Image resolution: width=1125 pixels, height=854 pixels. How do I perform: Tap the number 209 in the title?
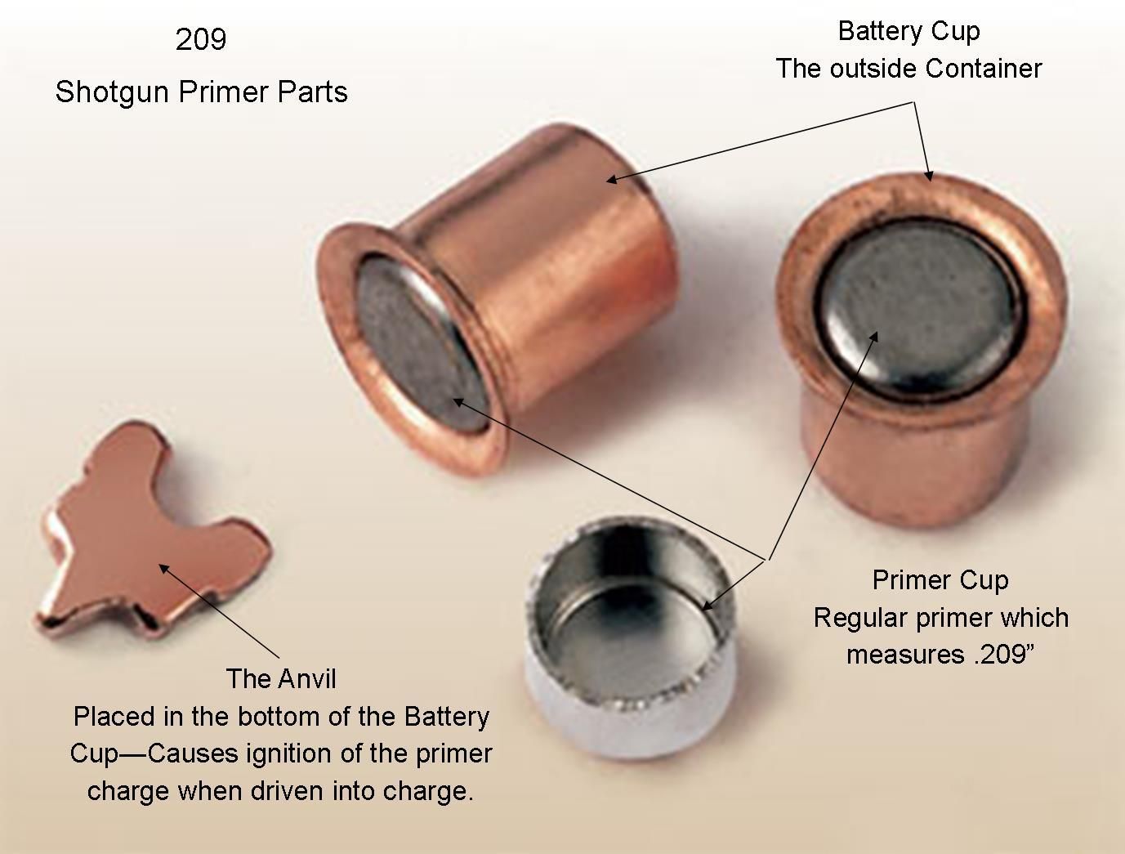point(201,39)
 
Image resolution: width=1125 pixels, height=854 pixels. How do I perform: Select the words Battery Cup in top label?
point(908,31)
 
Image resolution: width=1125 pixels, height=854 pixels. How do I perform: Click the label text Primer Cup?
point(940,580)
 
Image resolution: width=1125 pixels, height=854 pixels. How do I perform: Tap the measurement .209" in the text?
point(1006,655)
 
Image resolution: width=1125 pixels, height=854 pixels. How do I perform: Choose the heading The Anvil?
point(281,679)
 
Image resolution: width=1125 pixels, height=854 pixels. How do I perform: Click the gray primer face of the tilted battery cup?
point(408,343)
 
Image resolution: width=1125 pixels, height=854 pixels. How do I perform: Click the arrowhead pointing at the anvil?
point(162,566)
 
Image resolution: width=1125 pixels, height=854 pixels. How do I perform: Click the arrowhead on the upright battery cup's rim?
point(928,174)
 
